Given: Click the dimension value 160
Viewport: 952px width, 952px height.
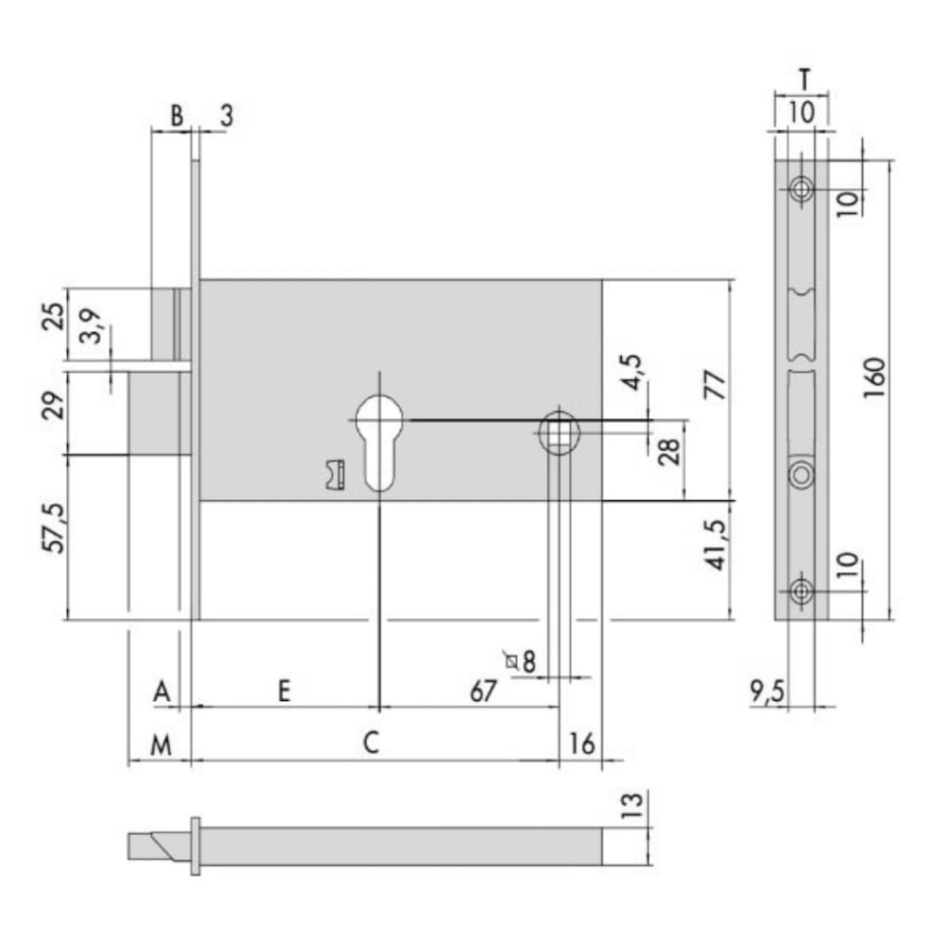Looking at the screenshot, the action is [874, 377].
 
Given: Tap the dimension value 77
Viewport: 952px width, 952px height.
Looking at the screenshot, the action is [715, 384].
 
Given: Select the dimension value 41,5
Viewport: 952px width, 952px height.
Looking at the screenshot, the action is [717, 545].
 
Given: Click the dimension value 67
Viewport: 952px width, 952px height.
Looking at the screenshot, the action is [483, 691].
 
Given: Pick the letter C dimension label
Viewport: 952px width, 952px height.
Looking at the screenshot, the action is [370, 743].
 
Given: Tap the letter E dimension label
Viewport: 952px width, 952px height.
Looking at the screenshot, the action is [284, 691].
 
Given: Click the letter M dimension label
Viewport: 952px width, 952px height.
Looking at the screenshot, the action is [161, 745].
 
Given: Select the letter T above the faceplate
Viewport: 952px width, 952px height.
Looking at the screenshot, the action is [804, 80].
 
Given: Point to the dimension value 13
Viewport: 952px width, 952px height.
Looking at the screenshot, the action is [632, 806].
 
